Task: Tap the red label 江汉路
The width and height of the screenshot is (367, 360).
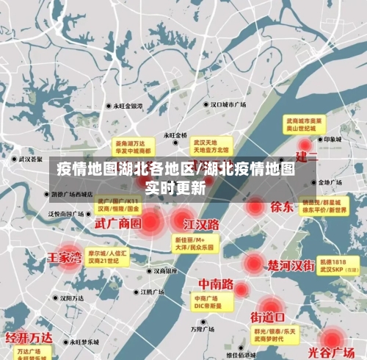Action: [x=202, y=223]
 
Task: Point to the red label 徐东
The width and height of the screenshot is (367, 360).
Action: [x=281, y=206]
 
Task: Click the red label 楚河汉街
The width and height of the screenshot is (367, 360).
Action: [x=291, y=264]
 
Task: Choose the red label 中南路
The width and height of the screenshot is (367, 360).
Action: [x=216, y=284]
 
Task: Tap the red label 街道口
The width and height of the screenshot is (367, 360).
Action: [x=267, y=317]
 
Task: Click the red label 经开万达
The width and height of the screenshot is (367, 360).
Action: [x=29, y=338]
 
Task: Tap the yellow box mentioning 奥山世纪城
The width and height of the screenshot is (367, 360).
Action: [x=305, y=123]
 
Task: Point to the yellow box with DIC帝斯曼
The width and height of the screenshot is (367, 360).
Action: [x=208, y=303]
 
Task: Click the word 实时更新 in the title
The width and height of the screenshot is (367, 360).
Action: [x=175, y=187]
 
